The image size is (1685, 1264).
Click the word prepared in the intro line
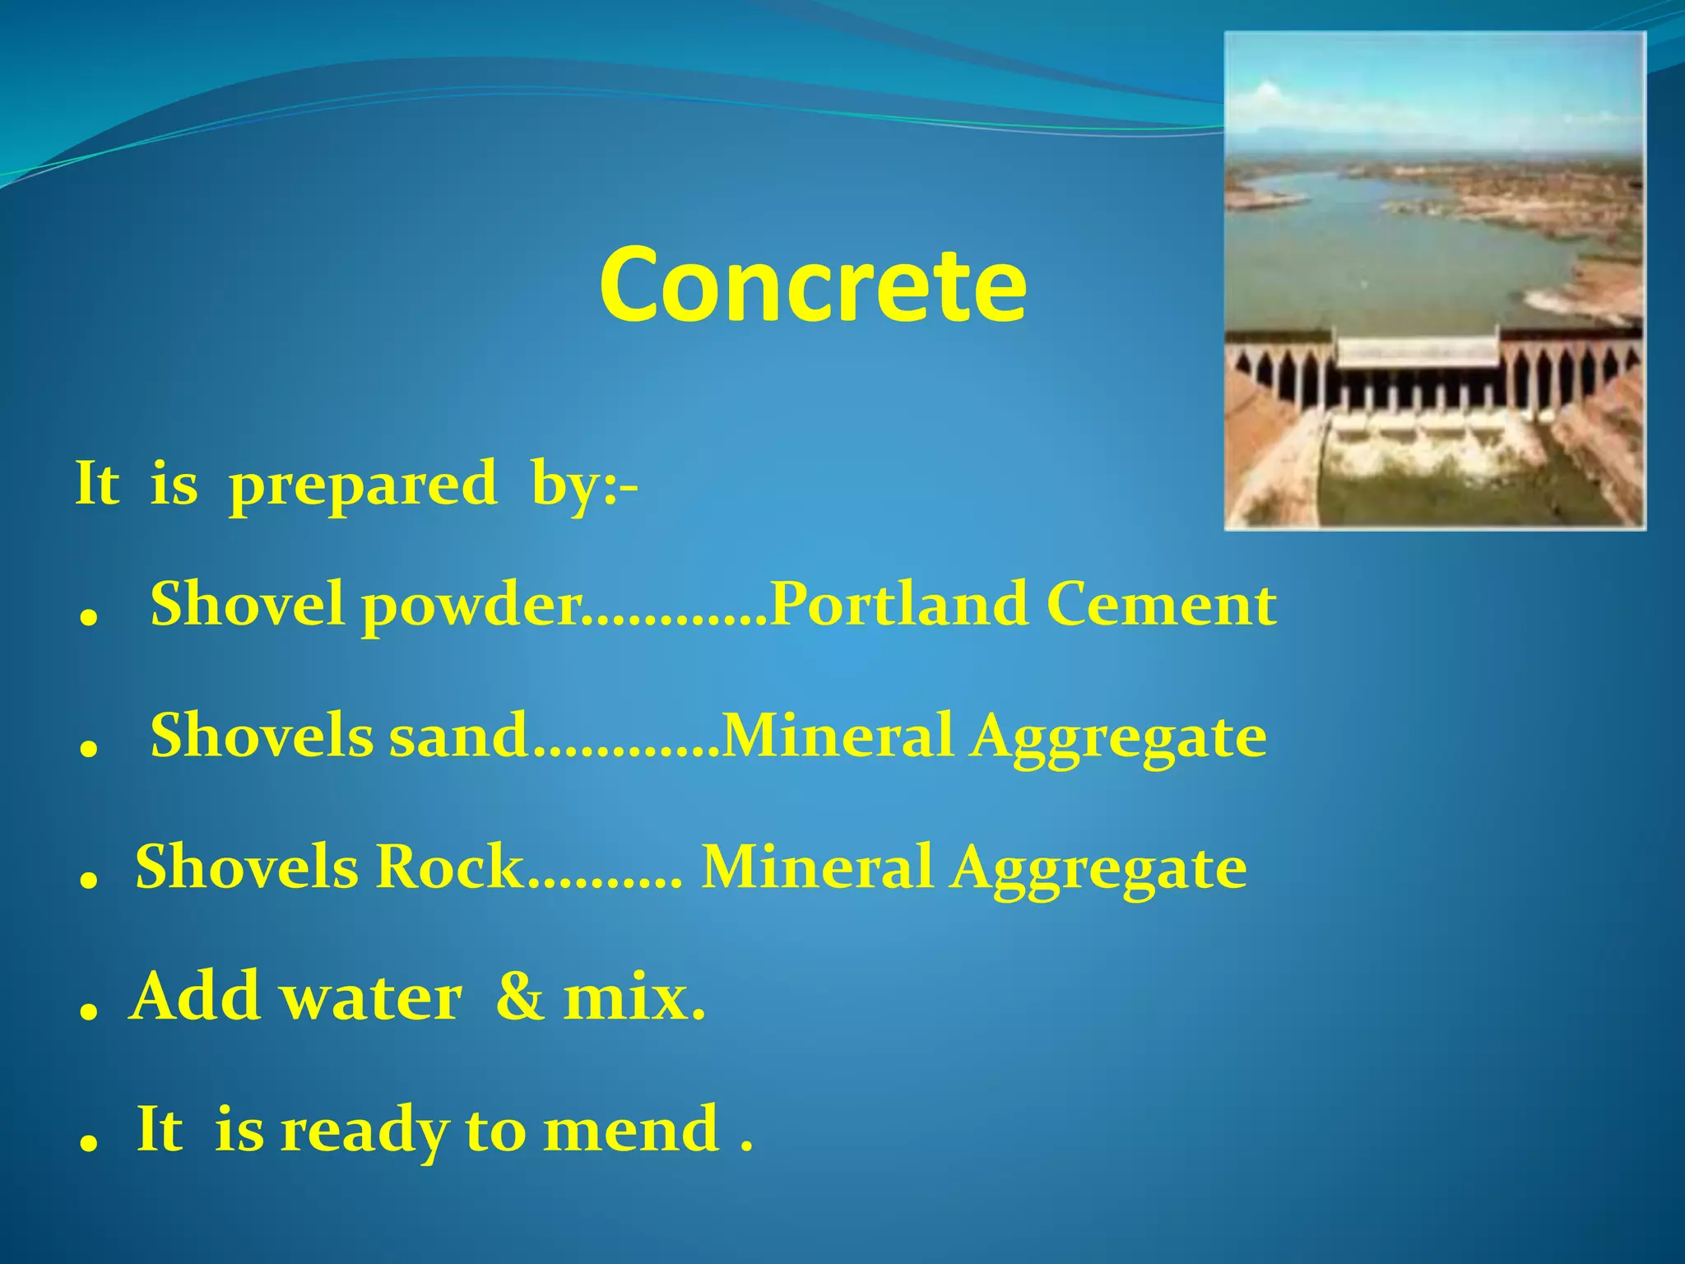tap(363, 485)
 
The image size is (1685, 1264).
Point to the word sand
tap(457, 735)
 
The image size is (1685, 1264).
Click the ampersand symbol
tap(520, 997)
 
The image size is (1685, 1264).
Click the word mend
tap(631, 1129)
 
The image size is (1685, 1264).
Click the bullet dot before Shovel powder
tap(88, 620)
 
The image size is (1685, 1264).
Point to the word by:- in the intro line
tap(584, 485)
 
